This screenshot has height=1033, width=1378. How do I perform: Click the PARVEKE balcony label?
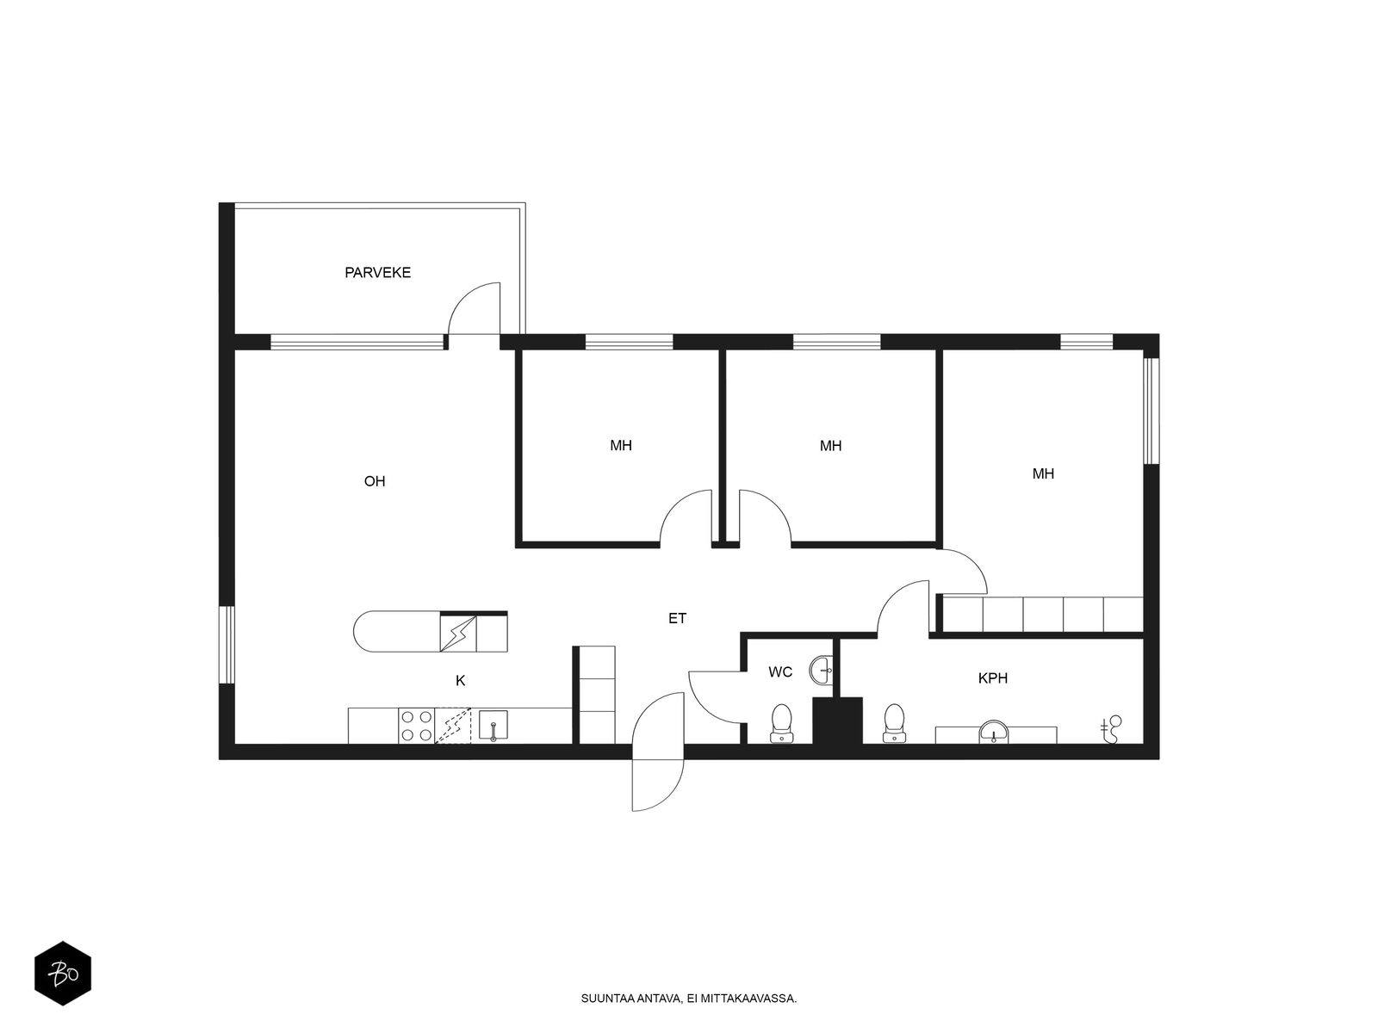(x=377, y=272)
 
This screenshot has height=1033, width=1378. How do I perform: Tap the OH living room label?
(x=374, y=481)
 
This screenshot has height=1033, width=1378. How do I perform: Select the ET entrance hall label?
(x=677, y=618)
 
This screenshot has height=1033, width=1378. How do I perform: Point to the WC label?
(x=779, y=672)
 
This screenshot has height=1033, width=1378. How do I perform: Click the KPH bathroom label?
(x=992, y=678)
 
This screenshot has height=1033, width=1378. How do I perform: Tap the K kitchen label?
(x=460, y=681)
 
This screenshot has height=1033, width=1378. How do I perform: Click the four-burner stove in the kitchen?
(x=416, y=726)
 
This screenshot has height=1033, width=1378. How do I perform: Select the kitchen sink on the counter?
(x=493, y=725)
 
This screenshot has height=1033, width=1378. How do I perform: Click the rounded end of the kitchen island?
(x=364, y=632)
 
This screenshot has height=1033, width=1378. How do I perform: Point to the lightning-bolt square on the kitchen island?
(x=457, y=634)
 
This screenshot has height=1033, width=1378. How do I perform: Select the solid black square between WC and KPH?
(x=837, y=721)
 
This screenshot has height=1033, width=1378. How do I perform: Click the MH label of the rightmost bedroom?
(x=1043, y=473)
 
